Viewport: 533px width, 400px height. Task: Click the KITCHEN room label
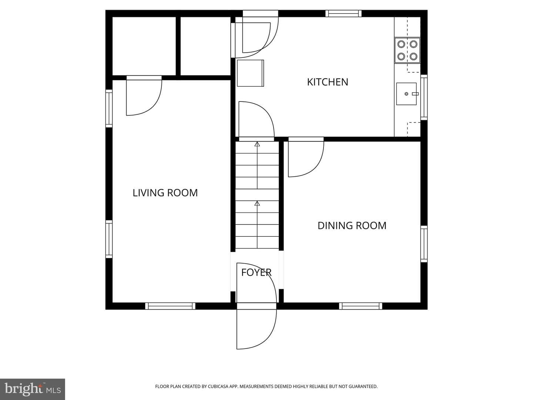[x=327, y=82]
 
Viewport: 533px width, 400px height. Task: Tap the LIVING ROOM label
[x=165, y=193]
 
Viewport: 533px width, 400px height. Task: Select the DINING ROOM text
[x=352, y=226]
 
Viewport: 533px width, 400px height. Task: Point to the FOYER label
[x=256, y=273]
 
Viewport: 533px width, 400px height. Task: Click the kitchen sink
[x=406, y=94]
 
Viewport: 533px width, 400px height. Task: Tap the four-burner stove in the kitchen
[x=407, y=50]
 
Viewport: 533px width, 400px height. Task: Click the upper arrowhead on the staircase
[x=257, y=144]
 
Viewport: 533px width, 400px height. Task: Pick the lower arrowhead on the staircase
[x=257, y=203]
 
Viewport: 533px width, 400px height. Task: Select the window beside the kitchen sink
[x=424, y=97]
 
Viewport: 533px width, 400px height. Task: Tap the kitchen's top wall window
[x=343, y=14]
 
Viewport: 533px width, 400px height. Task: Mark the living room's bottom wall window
[x=170, y=306]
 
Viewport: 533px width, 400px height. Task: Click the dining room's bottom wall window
[x=361, y=306]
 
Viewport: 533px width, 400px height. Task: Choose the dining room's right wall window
[x=424, y=244]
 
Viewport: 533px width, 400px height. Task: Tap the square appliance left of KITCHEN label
[x=250, y=73]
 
